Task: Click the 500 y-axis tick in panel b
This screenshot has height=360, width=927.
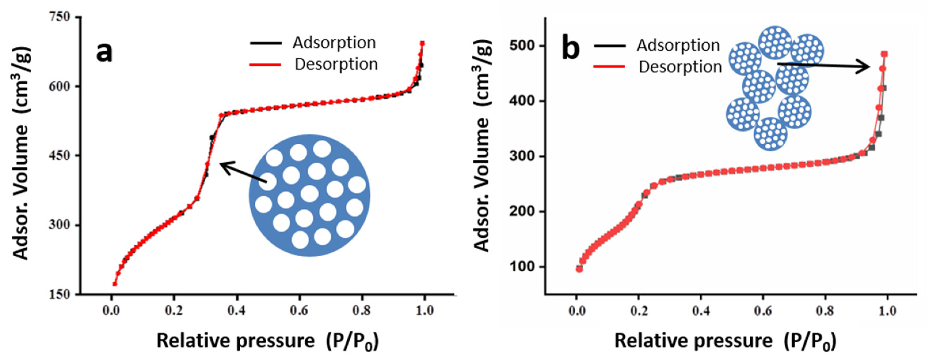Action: pyautogui.click(x=521, y=46)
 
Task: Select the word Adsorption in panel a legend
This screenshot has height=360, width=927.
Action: pyautogui.click(x=334, y=43)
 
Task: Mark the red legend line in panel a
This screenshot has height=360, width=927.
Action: pyautogui.click(x=266, y=65)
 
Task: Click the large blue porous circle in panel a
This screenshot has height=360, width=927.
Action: pyautogui.click(x=309, y=196)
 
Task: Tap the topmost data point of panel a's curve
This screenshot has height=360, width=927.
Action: pyautogui.click(x=422, y=44)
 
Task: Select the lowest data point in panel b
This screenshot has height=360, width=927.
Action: pyautogui.click(x=579, y=269)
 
